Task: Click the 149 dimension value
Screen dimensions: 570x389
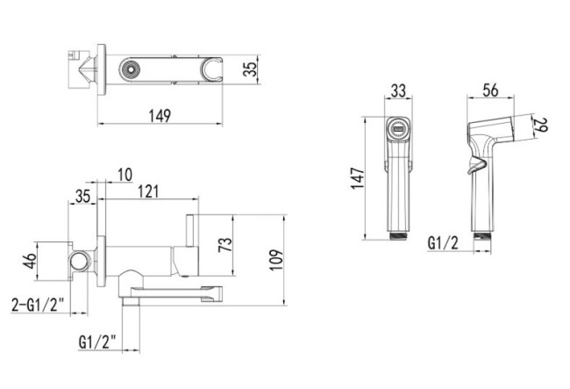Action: (160, 116)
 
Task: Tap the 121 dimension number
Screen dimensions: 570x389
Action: (148, 191)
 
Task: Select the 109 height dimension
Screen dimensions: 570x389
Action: (276, 260)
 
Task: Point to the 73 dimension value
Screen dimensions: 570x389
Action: (225, 244)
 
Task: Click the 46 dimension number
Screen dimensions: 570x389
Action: (30, 261)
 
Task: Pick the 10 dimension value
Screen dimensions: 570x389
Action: (125, 175)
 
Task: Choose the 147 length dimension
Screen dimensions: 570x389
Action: (358, 178)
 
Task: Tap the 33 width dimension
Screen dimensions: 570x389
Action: (398, 90)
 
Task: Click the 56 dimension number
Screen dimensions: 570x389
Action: (490, 90)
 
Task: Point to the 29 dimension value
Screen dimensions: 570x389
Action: (540, 125)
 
